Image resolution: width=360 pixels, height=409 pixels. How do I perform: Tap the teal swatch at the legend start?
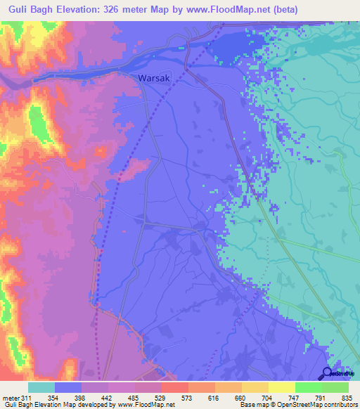click(41, 387)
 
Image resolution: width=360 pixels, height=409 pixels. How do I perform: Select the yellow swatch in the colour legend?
click(281, 387)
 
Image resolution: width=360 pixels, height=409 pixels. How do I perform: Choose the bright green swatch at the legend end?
click(335, 387)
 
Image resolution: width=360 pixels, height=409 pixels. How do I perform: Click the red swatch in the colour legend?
click(174, 387)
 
